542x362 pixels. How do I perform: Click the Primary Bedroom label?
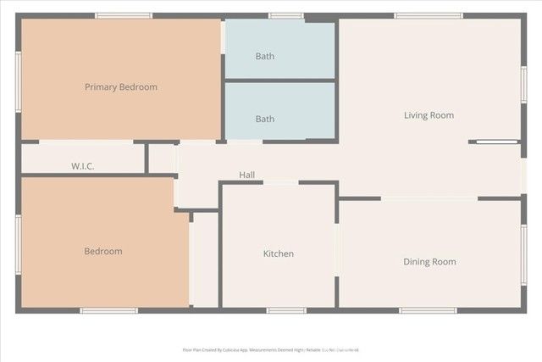click(120, 86)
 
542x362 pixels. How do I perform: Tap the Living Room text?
click(429, 115)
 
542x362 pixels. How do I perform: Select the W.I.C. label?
click(82, 166)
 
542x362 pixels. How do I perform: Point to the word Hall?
click(246, 175)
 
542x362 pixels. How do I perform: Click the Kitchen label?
click(278, 253)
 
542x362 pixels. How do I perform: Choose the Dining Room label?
click(429, 261)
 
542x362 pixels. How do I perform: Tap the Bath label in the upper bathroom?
click(265, 57)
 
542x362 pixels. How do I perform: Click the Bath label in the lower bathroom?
click(265, 119)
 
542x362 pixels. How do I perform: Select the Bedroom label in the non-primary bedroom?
click(102, 251)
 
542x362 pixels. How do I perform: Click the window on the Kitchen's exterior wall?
click(286, 310)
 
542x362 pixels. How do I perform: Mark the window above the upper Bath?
click(286, 15)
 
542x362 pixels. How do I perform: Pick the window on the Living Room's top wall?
click(428, 15)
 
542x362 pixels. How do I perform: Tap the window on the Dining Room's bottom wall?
click(428, 310)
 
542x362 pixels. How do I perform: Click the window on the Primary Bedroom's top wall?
click(124, 15)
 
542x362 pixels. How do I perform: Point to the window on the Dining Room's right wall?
click(524, 254)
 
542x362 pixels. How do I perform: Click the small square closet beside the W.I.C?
click(161, 159)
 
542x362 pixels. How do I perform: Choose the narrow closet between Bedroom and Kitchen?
click(204, 259)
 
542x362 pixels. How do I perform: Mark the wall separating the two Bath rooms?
click(279, 81)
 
